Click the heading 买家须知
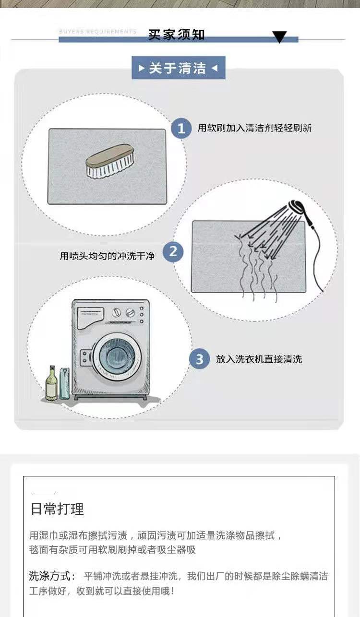pos(176,35)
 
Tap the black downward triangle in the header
pos(279,37)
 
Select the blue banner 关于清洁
pos(178,68)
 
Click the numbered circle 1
pos(181,129)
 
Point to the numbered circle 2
pos(173,252)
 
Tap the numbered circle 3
pos(199,359)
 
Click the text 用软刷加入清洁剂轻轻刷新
pos(254,128)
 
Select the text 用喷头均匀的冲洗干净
pos(107,256)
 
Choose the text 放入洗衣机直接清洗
pos(259,359)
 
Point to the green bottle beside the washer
pos(51,384)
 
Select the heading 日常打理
pos(57,509)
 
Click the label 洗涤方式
pos(52,576)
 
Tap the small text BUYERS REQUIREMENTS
pos(98,32)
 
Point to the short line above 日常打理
pos(43,492)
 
